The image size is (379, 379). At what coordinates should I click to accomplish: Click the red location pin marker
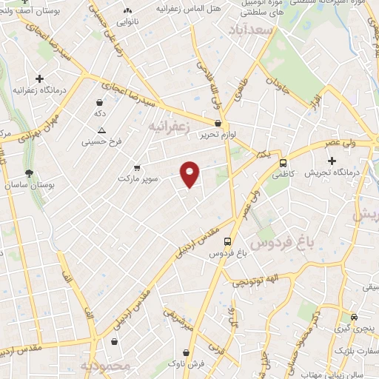tap(190, 174)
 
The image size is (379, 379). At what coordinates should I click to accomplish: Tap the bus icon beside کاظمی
tap(283, 164)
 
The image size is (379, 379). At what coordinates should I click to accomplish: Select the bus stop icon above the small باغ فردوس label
tap(227, 241)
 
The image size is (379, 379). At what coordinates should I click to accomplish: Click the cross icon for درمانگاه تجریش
tap(332, 161)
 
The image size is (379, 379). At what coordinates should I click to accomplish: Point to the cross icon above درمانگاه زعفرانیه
tap(39, 78)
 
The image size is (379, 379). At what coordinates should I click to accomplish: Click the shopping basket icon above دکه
tap(99, 102)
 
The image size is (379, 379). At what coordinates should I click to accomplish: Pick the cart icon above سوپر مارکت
tap(136, 167)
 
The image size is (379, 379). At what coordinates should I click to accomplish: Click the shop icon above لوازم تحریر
tap(218, 124)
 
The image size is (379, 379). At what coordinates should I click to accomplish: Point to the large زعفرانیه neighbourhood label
tap(180, 127)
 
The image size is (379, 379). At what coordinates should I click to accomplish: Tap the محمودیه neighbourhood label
tap(105, 366)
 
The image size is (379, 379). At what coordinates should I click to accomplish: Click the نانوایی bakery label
tap(127, 21)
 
